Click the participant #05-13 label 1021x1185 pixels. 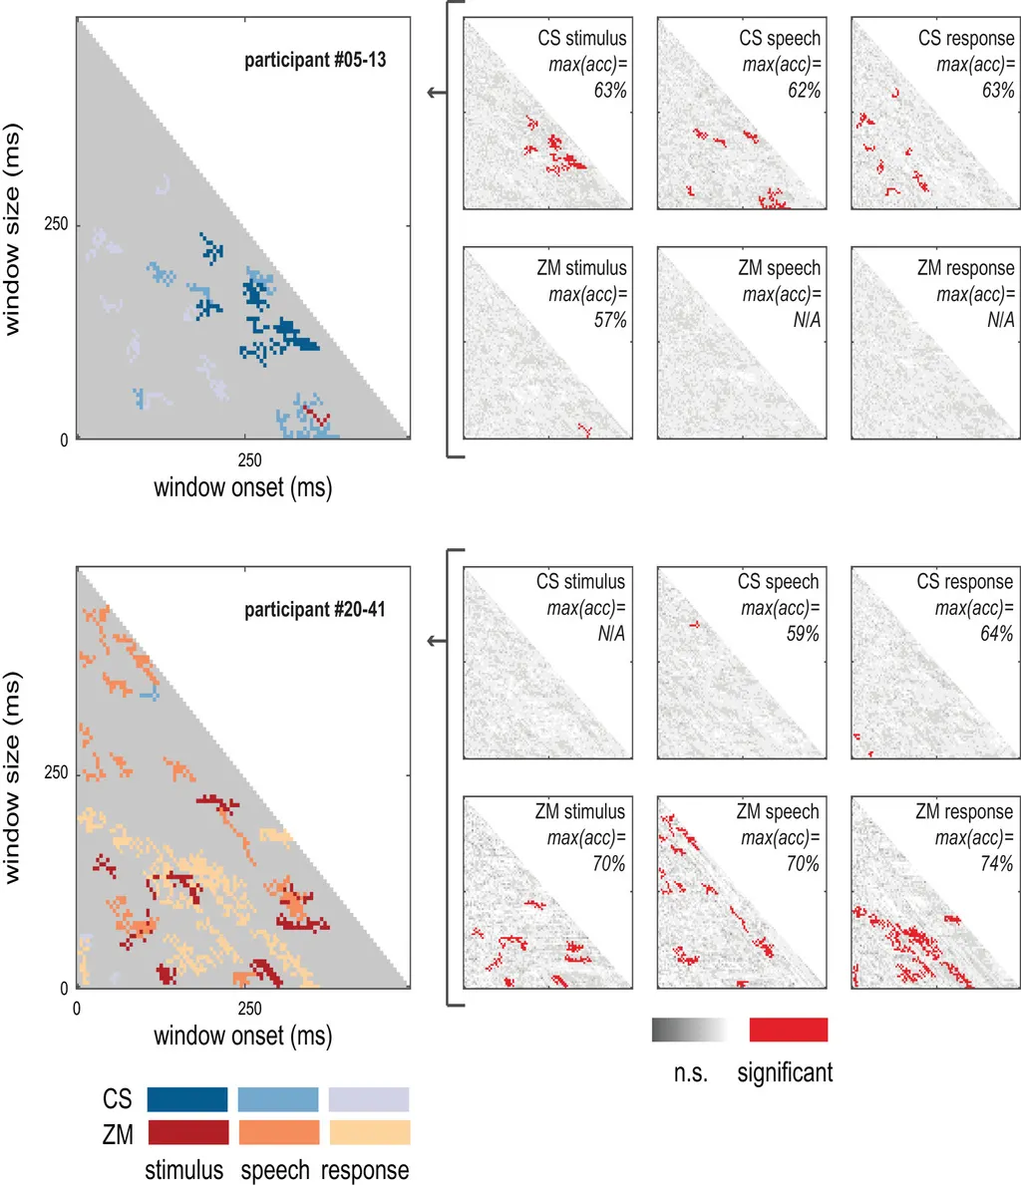coord(315,60)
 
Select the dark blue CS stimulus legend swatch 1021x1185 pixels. coord(186,1099)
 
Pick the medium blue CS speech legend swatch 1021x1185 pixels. coord(278,1099)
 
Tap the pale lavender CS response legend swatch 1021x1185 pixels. coord(369,1099)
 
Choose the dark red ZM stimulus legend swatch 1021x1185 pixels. coord(186,1132)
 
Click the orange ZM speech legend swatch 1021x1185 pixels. coord(278,1132)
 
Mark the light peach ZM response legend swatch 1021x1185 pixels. coord(369,1132)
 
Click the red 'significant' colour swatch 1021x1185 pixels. coord(788,1030)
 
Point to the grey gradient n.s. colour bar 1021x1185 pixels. coord(690,1030)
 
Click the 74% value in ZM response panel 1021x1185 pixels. coord(994,864)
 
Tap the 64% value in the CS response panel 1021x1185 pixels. coord(996,634)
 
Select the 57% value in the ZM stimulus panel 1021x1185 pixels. coord(609,320)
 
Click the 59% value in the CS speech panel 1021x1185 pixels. coord(802,634)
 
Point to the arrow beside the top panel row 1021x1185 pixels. coord(436,94)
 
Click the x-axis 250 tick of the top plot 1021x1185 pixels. coord(249,459)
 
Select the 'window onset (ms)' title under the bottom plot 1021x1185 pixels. coord(242,1036)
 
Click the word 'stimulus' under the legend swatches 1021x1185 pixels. coord(184,1170)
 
